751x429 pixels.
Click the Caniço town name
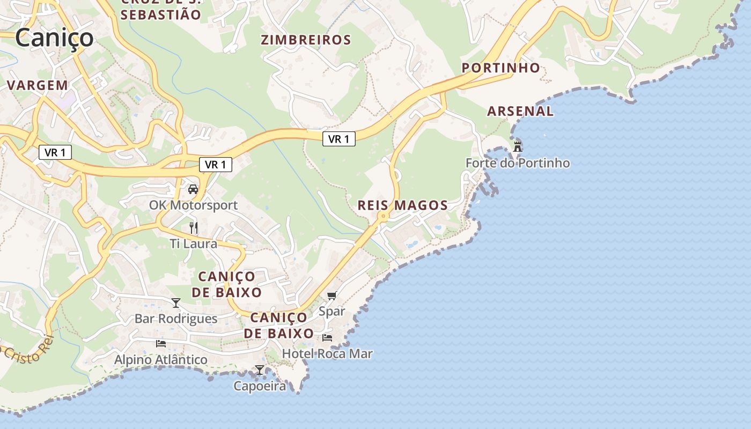tap(54, 38)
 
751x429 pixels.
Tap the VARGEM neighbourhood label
tap(38, 85)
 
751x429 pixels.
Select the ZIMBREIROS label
tap(306, 40)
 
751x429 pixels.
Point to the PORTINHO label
tap(501, 68)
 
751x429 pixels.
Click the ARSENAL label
tap(520, 111)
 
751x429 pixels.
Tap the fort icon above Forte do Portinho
tap(518, 146)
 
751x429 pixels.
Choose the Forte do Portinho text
tap(518, 163)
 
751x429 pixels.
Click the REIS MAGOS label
tap(402, 205)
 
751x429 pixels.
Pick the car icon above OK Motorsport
tap(193, 189)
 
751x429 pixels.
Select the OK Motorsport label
tap(193, 205)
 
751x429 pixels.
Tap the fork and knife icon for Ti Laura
tap(194, 228)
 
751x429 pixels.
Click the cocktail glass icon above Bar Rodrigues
tap(176, 303)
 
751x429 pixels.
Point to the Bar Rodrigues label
tap(176, 319)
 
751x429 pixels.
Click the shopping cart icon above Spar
tap(332, 295)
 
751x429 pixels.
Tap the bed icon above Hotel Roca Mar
tap(327, 337)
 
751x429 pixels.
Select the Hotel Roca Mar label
tap(327, 354)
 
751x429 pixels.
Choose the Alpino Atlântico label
tap(161, 359)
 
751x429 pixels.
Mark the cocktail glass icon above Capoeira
tap(260, 370)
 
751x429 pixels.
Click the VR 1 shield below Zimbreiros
tap(339, 139)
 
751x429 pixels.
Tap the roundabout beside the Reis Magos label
tap(382, 217)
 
